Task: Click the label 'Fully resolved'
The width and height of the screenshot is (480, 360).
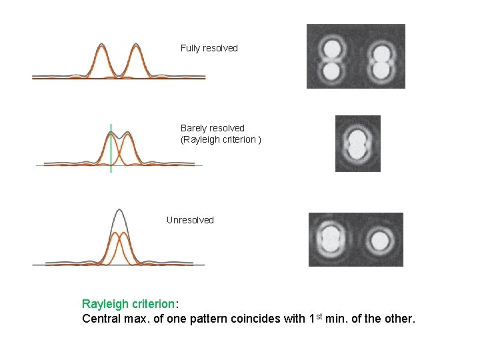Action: pos(209,48)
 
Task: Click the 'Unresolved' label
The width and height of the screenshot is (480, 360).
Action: pos(190,220)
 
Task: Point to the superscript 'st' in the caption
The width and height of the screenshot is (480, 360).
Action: pos(320,315)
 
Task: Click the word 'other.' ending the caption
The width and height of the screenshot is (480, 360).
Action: pos(399,319)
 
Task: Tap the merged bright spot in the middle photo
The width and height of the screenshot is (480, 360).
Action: pos(358,143)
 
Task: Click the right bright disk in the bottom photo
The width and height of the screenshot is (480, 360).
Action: pos(380,240)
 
